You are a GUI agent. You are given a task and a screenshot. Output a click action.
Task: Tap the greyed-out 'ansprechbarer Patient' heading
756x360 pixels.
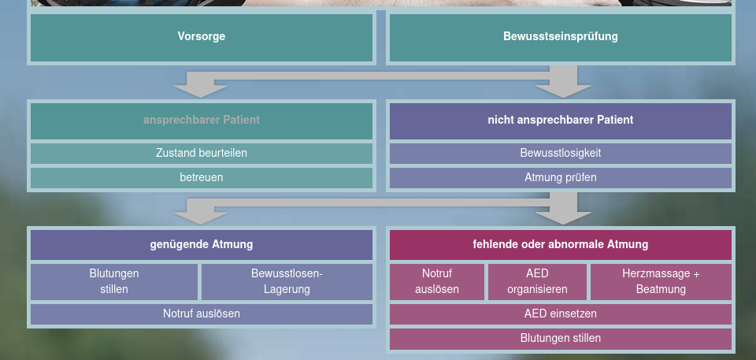(202, 120)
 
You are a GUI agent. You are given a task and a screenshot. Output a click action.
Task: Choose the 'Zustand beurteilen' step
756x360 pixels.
(202, 154)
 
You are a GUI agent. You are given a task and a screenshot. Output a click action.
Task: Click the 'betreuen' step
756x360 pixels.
(202, 177)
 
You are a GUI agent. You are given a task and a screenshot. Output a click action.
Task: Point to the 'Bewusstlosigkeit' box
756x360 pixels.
(560, 154)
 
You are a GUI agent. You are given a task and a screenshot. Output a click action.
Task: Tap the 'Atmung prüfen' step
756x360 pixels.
(560, 177)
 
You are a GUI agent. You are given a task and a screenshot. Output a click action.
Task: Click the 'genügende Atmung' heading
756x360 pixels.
(202, 245)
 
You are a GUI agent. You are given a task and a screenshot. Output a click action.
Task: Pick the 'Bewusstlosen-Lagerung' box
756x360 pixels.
(287, 282)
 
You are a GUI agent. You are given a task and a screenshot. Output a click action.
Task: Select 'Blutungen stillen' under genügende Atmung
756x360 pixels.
(114, 282)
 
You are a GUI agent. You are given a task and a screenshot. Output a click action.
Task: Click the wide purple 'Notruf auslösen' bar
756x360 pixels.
(202, 314)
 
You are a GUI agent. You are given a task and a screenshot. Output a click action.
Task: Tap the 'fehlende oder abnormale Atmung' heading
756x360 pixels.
(560, 245)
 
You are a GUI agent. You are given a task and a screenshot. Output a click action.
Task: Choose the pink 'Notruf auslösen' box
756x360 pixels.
(437, 282)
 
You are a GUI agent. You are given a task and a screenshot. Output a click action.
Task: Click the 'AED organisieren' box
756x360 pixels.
(537, 282)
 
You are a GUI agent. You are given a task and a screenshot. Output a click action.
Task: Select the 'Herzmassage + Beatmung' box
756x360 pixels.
(661, 282)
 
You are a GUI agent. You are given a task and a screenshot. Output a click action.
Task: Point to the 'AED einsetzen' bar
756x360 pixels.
(560, 314)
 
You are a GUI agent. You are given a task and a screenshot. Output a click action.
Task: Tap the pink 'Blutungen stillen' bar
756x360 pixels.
(560, 339)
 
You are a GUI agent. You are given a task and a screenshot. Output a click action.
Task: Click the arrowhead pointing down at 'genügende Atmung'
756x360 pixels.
(200, 218)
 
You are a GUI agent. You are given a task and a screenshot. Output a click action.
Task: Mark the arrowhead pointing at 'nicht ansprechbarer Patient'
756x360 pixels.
(563, 91)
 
